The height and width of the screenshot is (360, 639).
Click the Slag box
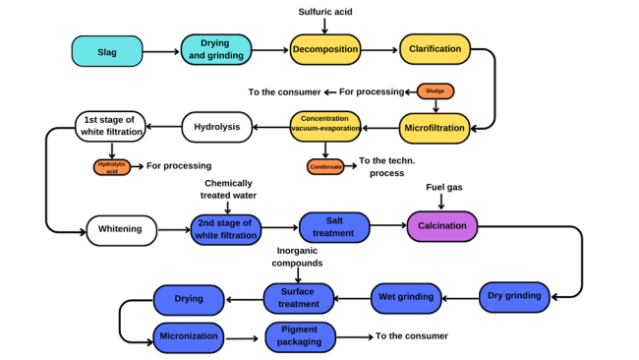[107, 51]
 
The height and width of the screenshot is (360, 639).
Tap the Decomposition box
[325, 50]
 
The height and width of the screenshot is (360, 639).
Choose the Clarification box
[436, 50]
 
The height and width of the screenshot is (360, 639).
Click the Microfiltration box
[435, 127]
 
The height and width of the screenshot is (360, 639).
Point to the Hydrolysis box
[216, 126]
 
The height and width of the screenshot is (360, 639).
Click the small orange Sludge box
[436, 91]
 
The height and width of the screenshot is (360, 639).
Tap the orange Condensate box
[325, 166]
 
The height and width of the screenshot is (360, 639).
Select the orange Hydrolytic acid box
[112, 166]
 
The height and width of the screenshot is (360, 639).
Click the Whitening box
[121, 229]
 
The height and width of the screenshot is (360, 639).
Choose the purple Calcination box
[442, 226]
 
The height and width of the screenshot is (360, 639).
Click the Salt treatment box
[334, 227]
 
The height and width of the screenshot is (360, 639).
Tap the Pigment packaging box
[301, 336]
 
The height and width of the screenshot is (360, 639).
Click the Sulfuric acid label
[325, 12]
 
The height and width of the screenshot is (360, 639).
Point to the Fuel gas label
[443, 187]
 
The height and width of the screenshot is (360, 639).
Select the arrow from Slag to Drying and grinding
[161, 51]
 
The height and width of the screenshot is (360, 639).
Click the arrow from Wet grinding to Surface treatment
[352, 297]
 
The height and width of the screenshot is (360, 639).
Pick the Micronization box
[189, 336]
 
